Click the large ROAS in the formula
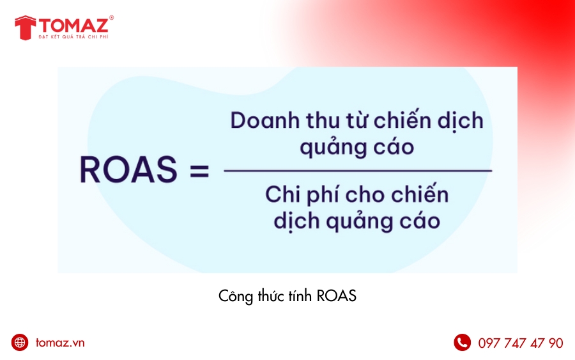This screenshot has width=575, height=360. [x=128, y=170]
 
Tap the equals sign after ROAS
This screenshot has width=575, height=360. [x=199, y=171]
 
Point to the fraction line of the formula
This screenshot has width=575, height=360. [x=358, y=171]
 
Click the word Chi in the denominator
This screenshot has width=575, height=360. [x=283, y=194]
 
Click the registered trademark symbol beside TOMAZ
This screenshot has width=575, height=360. [x=112, y=18]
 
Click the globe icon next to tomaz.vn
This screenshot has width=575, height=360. [x=20, y=343]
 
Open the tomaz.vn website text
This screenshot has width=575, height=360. [x=60, y=343]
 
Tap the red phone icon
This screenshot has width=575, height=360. [x=462, y=343]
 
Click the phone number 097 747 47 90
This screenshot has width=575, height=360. [x=521, y=343]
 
